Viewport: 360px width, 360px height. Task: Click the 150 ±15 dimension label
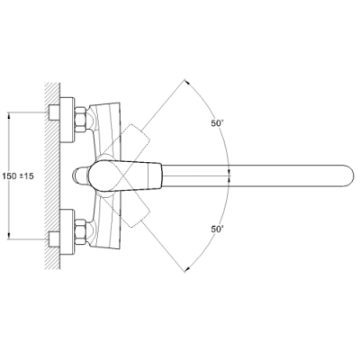[x=18, y=176]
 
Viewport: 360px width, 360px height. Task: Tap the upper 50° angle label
[x=218, y=123]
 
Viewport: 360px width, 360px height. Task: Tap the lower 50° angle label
[x=218, y=229]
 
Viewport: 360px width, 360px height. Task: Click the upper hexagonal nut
[x=80, y=120]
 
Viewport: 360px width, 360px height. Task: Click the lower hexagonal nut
[x=80, y=232]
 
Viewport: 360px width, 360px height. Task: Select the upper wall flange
[x=67, y=120]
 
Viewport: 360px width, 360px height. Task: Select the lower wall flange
[x=67, y=232]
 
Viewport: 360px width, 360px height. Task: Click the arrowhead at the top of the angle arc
[x=186, y=82]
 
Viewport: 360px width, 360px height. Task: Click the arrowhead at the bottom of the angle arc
[x=186, y=269]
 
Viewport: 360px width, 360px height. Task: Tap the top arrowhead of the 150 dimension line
[x=9, y=115]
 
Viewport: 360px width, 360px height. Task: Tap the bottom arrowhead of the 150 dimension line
[x=9, y=236]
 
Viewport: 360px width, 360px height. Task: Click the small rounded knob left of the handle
[x=79, y=175]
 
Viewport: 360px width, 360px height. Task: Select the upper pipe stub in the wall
[x=54, y=112]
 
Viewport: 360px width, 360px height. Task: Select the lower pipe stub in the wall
[x=54, y=239]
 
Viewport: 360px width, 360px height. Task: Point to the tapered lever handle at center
[x=125, y=175]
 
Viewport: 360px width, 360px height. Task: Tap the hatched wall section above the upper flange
[x=52, y=93]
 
